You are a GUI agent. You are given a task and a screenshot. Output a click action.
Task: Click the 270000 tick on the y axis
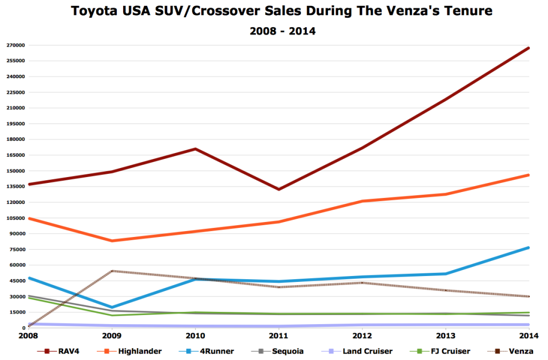(x=14, y=45)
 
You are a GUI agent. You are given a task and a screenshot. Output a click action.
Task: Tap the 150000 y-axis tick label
(x=14, y=171)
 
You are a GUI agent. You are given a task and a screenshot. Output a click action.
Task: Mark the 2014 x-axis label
(x=529, y=336)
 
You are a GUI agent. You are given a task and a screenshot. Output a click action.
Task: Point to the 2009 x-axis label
(x=112, y=336)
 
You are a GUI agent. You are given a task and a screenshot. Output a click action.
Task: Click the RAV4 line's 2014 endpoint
(x=529, y=48)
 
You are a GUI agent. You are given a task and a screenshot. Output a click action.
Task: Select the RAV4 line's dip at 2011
(x=279, y=189)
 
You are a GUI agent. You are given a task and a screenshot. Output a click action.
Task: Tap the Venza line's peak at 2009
(x=112, y=271)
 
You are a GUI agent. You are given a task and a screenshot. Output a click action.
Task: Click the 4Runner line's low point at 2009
(x=112, y=308)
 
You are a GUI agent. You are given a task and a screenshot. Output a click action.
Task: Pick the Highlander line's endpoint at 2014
(x=529, y=175)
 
